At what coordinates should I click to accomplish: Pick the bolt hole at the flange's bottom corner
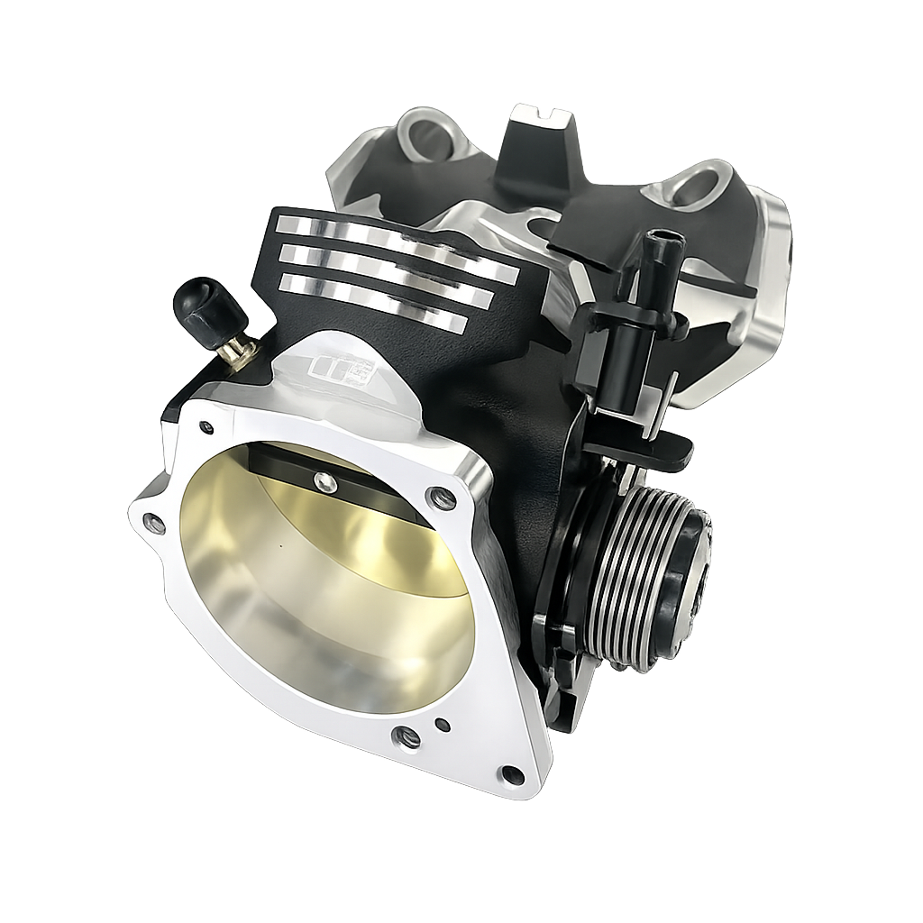(511, 775)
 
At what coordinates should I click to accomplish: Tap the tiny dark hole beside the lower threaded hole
(442, 724)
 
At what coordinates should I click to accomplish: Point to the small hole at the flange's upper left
(207, 427)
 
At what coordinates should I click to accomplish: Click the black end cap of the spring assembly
(690, 577)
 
